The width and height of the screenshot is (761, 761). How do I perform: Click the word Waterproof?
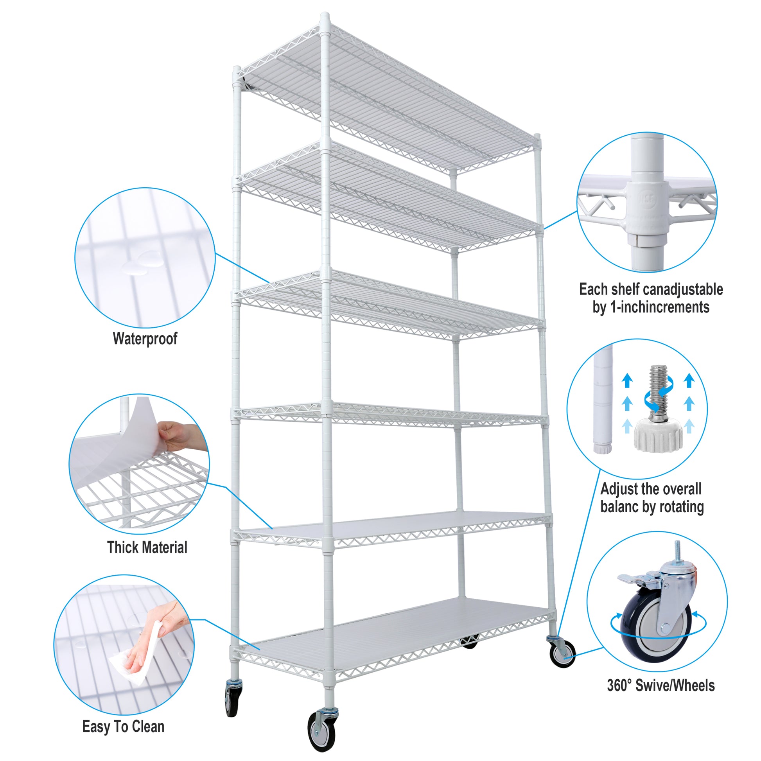pyautogui.click(x=145, y=338)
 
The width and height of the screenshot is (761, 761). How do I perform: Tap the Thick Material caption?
pyautogui.click(x=147, y=547)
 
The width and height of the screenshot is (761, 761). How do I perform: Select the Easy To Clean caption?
pyautogui.click(x=123, y=726)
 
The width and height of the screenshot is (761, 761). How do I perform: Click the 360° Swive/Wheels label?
pyautogui.click(x=660, y=686)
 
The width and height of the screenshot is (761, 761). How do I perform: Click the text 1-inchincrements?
pyautogui.click(x=660, y=307)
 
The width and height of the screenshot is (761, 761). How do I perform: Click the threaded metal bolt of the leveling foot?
pyautogui.click(x=658, y=388)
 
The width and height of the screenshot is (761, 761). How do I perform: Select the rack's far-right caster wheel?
pyautogui.click(x=562, y=654)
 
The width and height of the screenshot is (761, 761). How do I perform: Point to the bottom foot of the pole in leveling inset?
pyautogui.click(x=603, y=448)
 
